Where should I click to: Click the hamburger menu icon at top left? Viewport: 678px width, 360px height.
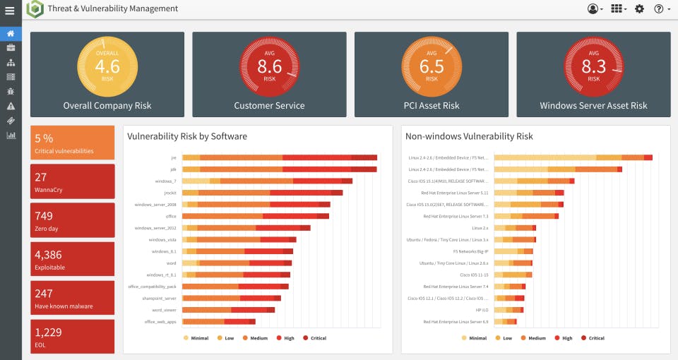pos(10,10)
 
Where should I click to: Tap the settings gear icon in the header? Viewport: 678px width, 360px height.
pos(639,9)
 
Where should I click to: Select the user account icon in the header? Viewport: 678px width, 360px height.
pos(593,9)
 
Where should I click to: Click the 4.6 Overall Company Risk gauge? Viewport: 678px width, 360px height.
pos(107,67)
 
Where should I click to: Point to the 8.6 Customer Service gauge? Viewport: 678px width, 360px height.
pos(269,67)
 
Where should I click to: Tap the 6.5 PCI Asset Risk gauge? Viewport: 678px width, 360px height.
pos(431,67)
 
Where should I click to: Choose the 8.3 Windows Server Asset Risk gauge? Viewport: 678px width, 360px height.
pos(593,67)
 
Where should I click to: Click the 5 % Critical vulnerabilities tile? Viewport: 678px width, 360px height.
pos(72,143)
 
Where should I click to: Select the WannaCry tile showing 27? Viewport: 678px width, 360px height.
pos(72,181)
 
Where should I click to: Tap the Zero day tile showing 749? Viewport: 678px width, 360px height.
pos(72,220)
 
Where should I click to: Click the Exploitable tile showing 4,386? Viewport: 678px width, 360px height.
pos(72,258)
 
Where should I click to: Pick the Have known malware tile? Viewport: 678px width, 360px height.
pos(72,297)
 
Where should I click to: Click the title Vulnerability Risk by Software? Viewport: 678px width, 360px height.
pos(187,136)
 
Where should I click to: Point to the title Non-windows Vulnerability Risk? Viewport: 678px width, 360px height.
pos(469,136)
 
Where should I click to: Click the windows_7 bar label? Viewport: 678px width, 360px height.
pos(165,181)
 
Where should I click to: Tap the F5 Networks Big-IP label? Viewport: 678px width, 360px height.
pos(470,251)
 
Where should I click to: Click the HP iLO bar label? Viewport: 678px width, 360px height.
pos(481,310)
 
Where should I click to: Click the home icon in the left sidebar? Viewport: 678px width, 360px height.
pos(11,33)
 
